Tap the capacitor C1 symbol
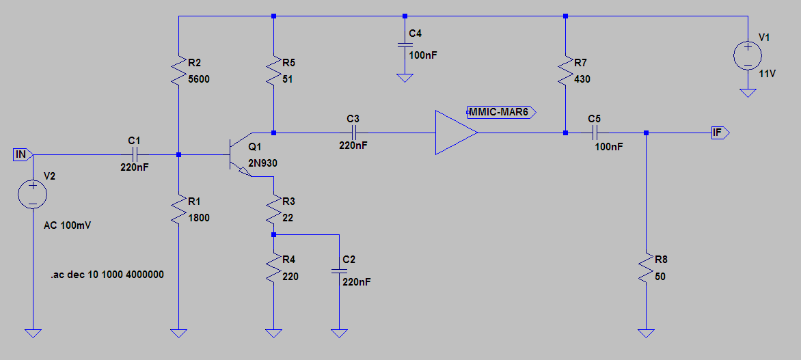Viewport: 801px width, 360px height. (134, 154)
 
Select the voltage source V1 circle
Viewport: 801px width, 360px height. (748, 56)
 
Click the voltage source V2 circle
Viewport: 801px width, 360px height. (32, 193)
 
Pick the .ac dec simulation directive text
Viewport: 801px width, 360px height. (106, 274)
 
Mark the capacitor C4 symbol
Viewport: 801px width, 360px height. (405, 46)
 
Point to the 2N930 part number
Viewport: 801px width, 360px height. (262, 163)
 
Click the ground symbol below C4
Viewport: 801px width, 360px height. (405, 78)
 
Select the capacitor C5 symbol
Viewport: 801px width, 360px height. (594, 133)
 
